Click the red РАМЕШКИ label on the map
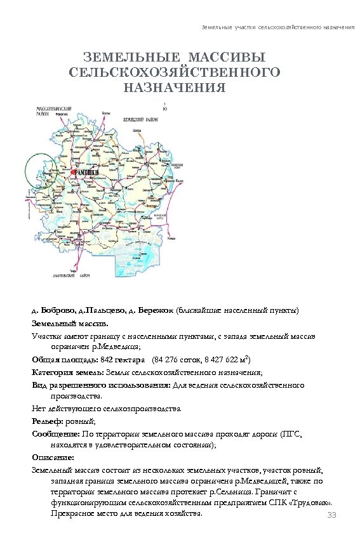coord(85,171)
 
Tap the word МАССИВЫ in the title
coord(222,58)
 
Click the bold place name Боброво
coord(57,310)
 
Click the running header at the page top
coord(277,29)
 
